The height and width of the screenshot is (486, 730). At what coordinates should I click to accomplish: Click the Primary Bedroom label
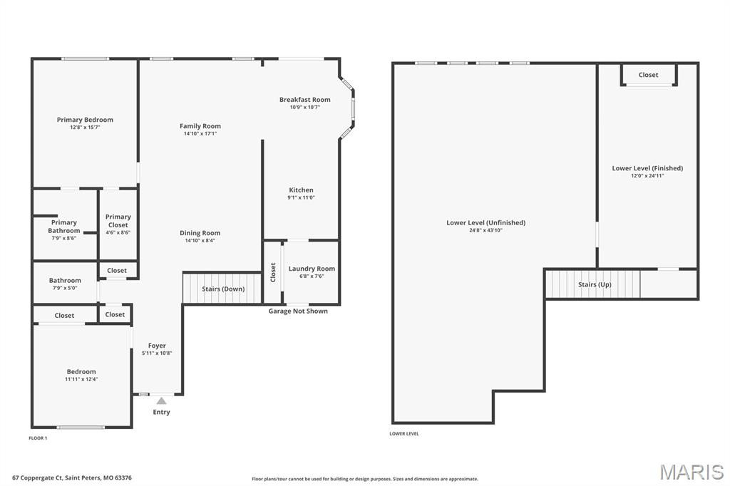tap(85, 120)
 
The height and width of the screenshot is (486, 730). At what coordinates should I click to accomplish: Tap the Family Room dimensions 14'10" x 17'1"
tap(200, 133)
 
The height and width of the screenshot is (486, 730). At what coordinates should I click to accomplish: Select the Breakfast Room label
tap(304, 100)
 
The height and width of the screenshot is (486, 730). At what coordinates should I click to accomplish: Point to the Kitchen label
tap(301, 190)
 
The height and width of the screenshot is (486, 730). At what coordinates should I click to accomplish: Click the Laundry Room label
tap(312, 269)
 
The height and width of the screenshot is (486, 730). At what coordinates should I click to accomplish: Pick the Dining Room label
tap(200, 233)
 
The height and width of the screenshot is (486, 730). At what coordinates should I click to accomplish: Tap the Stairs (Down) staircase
tap(222, 289)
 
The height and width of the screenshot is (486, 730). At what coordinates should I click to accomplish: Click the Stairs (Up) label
tap(594, 284)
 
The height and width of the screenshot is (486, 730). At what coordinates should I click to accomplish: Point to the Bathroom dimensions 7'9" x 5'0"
tap(65, 288)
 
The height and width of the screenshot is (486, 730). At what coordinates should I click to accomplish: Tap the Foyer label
tap(157, 346)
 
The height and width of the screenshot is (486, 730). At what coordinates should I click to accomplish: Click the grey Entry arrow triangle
tap(162, 401)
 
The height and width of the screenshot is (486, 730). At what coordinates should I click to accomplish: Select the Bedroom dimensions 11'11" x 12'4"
tap(81, 379)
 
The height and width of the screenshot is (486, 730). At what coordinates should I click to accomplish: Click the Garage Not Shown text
tap(298, 311)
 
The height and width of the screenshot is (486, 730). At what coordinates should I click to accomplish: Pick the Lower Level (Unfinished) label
tap(485, 222)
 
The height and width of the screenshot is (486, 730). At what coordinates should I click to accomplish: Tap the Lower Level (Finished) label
tap(647, 168)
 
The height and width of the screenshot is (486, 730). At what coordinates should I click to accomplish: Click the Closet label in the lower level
tap(648, 75)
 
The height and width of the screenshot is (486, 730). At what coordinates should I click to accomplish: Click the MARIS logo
tap(691, 472)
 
